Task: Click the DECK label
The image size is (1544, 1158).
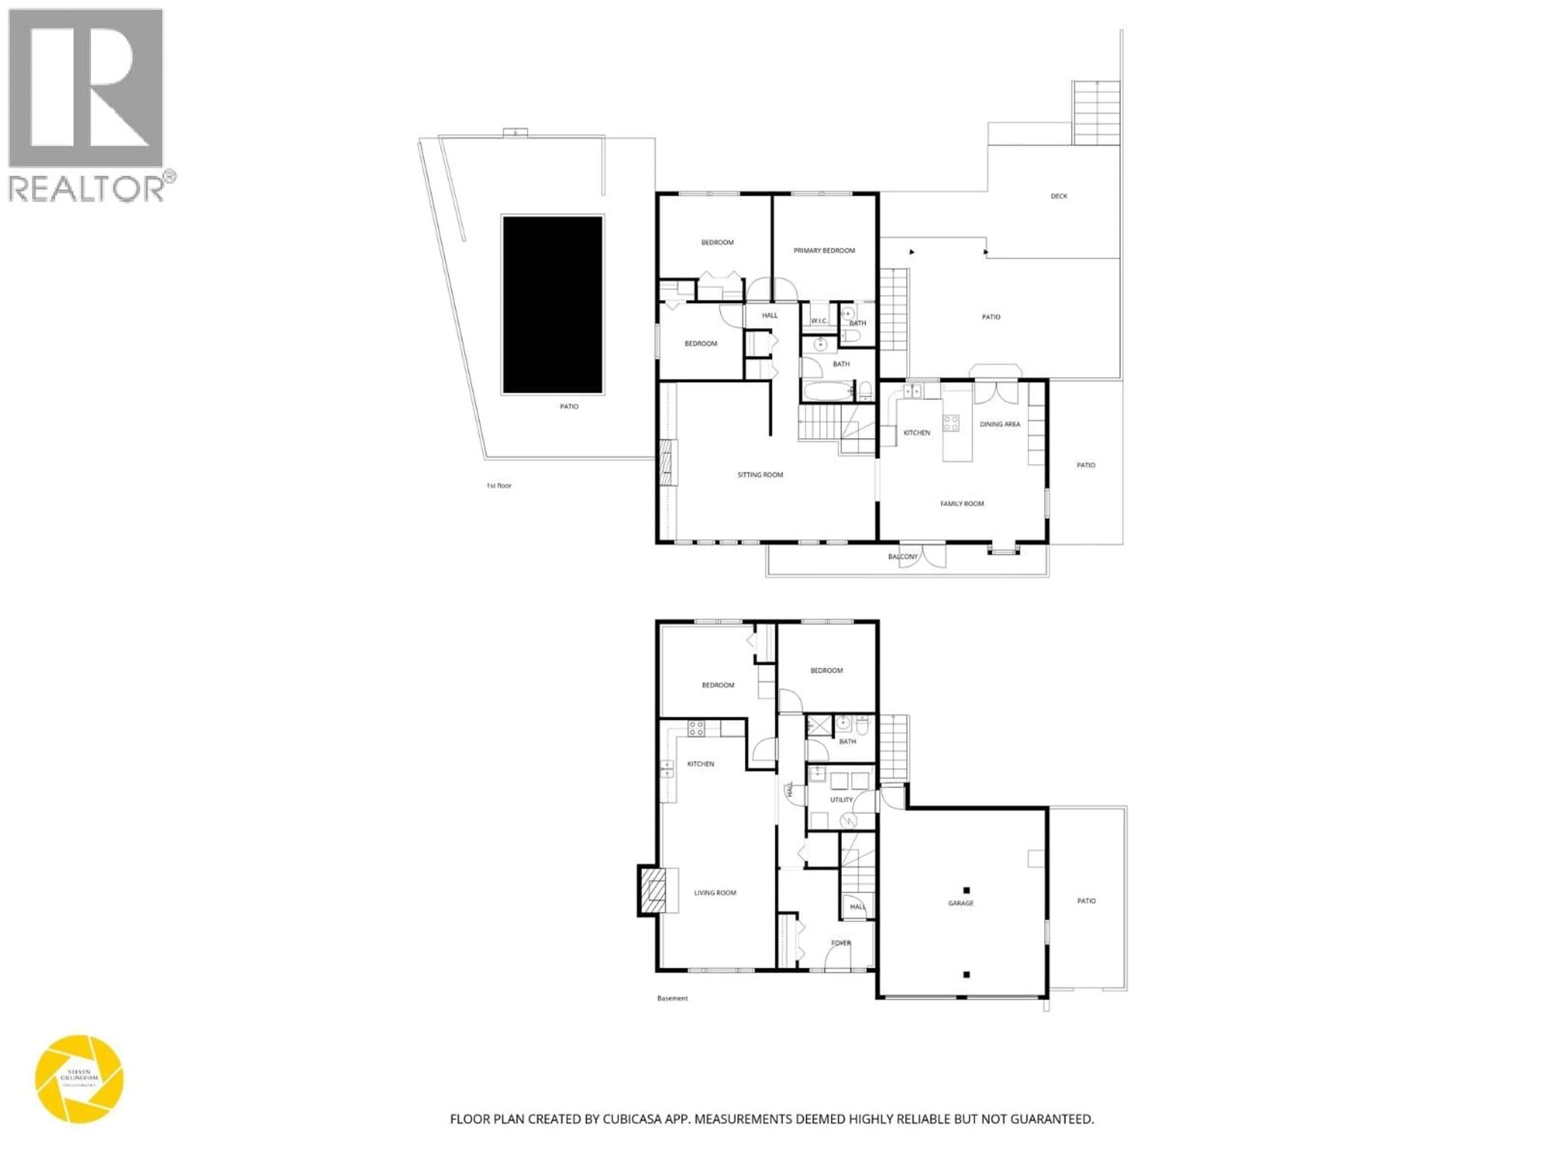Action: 1058,196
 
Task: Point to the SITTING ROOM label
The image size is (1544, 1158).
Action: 760,474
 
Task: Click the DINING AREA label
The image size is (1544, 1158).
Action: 1000,424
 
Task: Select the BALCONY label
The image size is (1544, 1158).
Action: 903,556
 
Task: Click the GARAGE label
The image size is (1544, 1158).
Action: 961,903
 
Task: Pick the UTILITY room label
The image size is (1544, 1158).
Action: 841,800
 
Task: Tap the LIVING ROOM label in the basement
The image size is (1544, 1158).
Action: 715,893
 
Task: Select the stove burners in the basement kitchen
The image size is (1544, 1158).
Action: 696,729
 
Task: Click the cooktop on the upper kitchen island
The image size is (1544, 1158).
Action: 951,422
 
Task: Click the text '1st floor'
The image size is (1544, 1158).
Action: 498,485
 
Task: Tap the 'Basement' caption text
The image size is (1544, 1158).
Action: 672,998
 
